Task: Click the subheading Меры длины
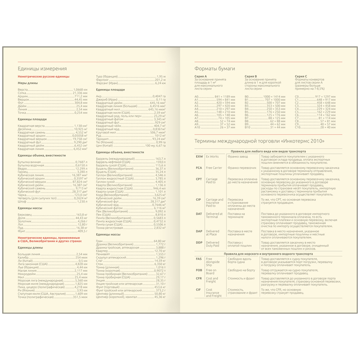[27, 83]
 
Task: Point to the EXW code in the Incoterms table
[199, 156]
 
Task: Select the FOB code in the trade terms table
[199, 270]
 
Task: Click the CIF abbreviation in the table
[199, 290]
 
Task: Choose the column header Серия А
[201, 76]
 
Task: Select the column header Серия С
[301, 76]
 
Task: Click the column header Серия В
[251, 76]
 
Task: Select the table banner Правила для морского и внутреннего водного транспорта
[268, 254]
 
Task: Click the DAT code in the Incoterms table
[199, 214]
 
